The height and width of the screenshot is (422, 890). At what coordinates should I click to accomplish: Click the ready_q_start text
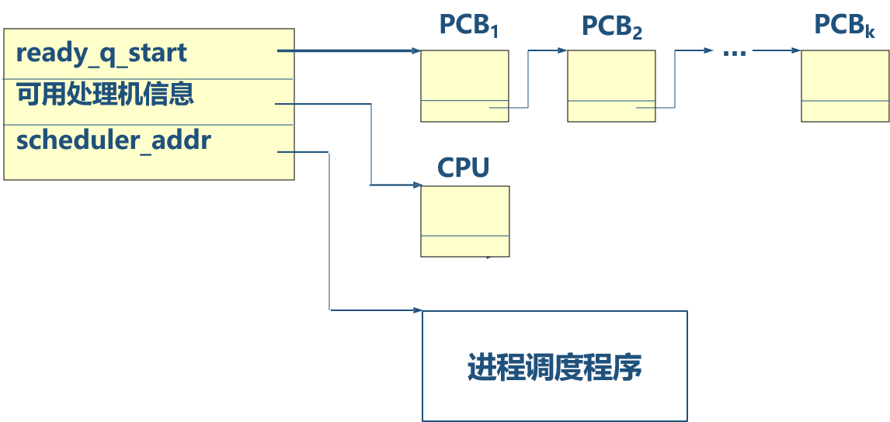click(x=102, y=54)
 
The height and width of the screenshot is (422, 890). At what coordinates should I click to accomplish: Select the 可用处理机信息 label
click(x=105, y=95)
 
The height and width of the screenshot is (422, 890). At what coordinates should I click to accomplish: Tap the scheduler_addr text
click(x=113, y=141)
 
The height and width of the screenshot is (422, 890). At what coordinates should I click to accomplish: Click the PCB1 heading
click(x=468, y=26)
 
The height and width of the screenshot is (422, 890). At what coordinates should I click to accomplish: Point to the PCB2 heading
click(x=612, y=27)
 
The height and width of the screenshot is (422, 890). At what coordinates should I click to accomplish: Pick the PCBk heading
click(x=844, y=26)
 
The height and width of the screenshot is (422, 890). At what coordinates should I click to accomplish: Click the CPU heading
click(x=464, y=168)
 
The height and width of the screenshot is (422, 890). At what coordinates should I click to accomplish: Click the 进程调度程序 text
click(x=555, y=367)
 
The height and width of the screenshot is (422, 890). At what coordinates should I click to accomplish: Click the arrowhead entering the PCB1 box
click(x=415, y=52)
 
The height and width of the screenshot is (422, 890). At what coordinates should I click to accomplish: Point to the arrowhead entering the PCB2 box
click(x=562, y=51)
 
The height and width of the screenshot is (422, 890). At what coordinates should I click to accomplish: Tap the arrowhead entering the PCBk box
click(x=797, y=51)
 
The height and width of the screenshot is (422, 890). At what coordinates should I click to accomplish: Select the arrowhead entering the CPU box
click(x=415, y=185)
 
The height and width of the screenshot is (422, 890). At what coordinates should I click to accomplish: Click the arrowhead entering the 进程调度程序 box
click(x=417, y=310)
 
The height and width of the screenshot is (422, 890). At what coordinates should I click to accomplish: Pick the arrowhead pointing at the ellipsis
click(x=708, y=51)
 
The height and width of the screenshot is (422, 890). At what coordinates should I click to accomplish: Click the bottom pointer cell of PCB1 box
click(x=464, y=111)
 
